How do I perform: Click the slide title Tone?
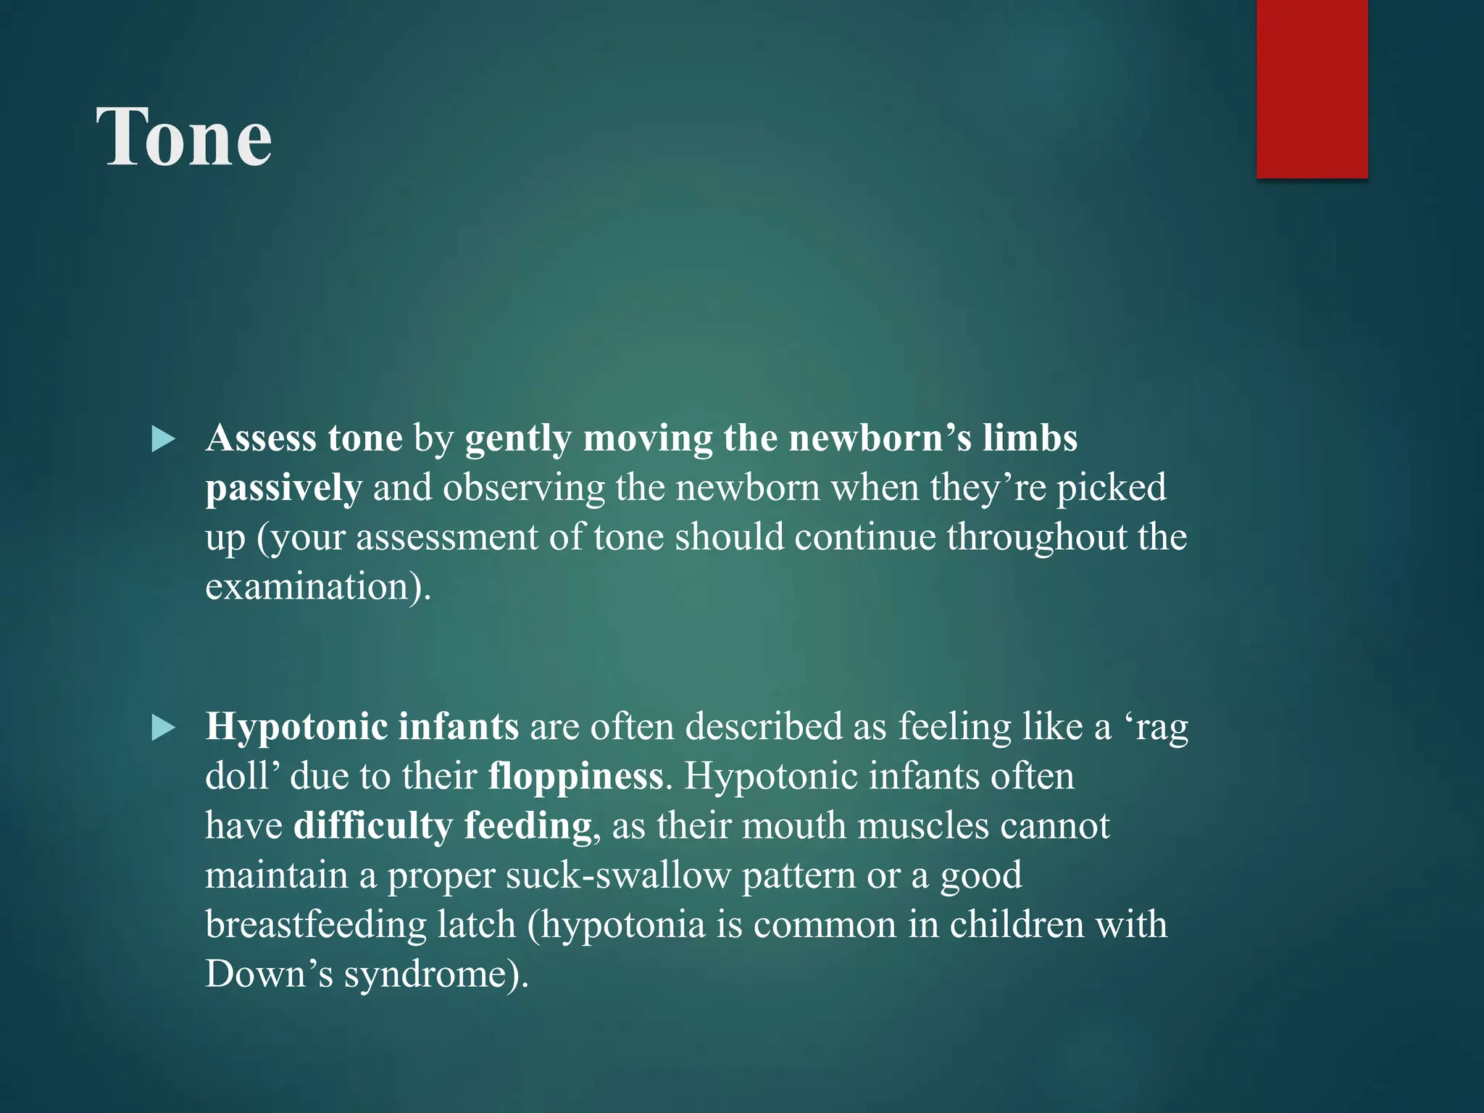(184, 138)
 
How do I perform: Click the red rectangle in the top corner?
(1312, 88)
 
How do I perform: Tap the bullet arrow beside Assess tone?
(164, 440)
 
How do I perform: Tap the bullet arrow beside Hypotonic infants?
(164, 728)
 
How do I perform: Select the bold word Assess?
(261, 438)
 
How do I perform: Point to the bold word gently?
(518, 440)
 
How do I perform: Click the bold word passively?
(283, 488)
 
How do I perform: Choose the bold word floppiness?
(575, 777)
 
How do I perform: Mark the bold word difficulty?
(372, 826)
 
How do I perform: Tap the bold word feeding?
(528, 826)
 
